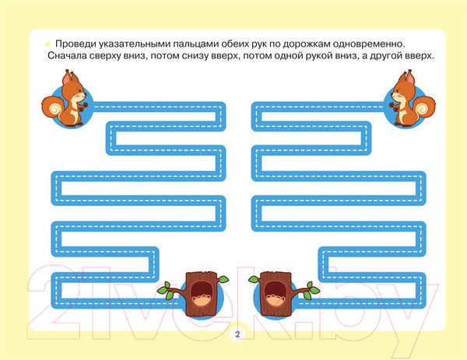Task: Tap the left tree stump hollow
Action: [201, 294]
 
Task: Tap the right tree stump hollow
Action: [276, 294]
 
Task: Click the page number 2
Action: [237, 334]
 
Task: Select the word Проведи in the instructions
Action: [75, 44]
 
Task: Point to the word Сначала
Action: [67, 56]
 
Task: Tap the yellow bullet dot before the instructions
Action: [47, 44]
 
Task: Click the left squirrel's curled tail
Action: [53, 107]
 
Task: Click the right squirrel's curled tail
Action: [424, 107]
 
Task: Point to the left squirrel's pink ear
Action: [67, 78]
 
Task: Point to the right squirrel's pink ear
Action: [410, 78]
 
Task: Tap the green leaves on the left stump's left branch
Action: [167, 291]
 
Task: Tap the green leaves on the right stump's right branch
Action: [311, 291]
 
